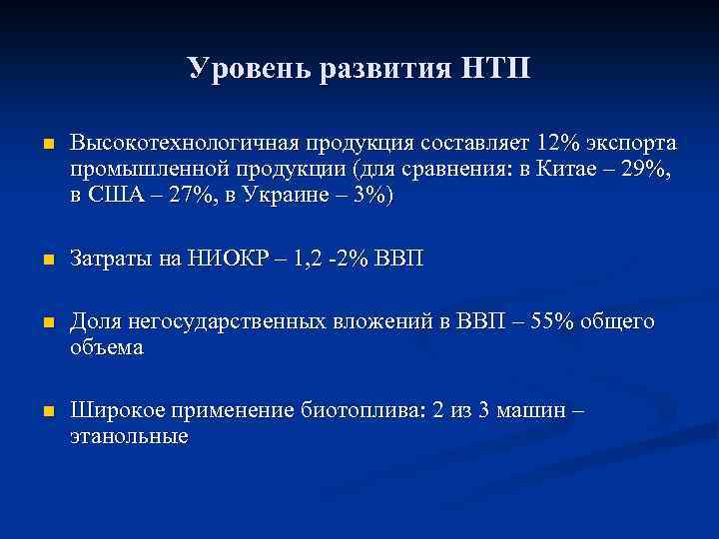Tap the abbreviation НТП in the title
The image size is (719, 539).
497,69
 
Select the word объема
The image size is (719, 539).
107,348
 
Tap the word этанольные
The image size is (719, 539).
129,436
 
